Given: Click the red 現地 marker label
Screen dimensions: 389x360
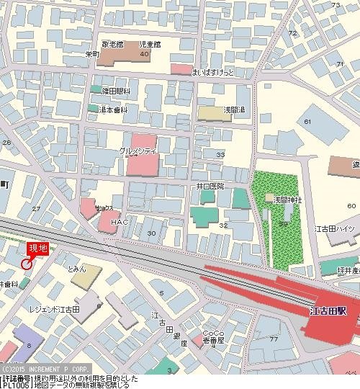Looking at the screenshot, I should [x=37, y=249].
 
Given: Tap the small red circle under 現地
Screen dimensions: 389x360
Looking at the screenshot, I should [x=27, y=264].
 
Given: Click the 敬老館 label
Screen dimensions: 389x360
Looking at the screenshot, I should [x=113, y=44].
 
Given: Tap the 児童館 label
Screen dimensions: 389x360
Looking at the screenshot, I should [x=150, y=44].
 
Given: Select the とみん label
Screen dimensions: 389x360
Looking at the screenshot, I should [x=76, y=269].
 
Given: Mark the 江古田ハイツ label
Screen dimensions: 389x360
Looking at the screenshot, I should [x=335, y=228].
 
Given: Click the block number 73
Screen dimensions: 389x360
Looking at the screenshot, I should [x=335, y=5].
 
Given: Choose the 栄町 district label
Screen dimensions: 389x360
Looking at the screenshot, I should [x=91, y=53].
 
